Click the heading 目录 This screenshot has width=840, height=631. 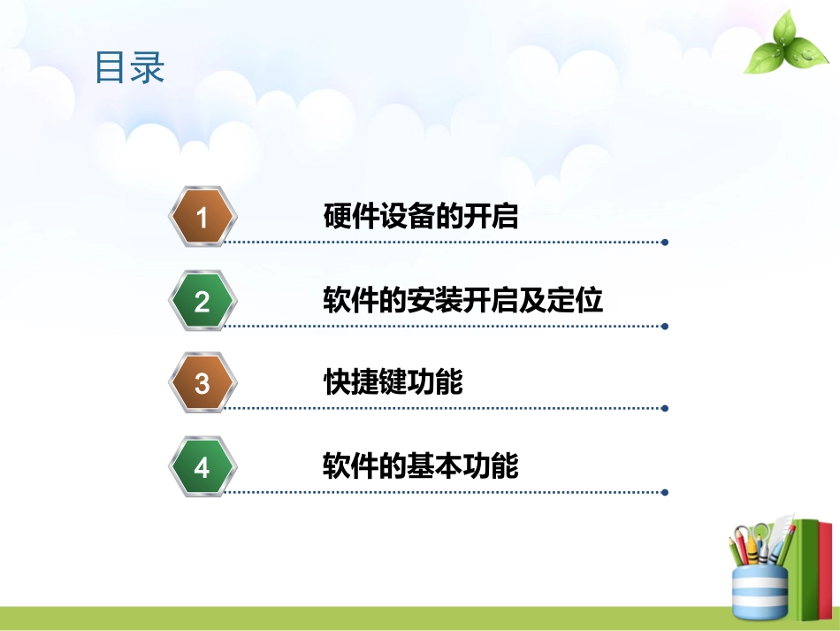pyautogui.click(x=130, y=68)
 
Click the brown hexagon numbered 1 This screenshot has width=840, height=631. pyautogui.click(x=202, y=217)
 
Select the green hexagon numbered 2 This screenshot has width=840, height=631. pyautogui.click(x=202, y=301)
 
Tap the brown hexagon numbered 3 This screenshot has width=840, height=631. pyautogui.click(x=202, y=383)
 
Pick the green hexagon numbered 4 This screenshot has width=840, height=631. pyautogui.click(x=202, y=466)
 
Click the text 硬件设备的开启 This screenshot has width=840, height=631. pyautogui.click(x=421, y=217)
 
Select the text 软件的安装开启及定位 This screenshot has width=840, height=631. pyautogui.click(x=463, y=301)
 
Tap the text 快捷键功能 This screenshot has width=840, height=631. pyautogui.click(x=393, y=383)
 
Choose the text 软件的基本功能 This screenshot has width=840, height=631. pyautogui.click(x=421, y=466)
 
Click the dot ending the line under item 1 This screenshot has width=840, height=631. pyautogui.click(x=665, y=242)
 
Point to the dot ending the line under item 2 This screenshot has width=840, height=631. pyautogui.click(x=665, y=326)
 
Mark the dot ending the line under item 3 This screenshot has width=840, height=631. pyautogui.click(x=665, y=408)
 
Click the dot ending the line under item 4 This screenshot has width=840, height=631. pyautogui.click(x=665, y=491)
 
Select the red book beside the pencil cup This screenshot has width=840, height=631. pyautogui.click(x=825, y=571)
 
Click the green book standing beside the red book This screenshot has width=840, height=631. pyautogui.click(x=805, y=571)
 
